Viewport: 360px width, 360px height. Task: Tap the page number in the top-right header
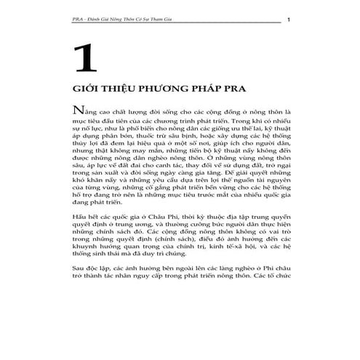(x=289, y=19)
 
